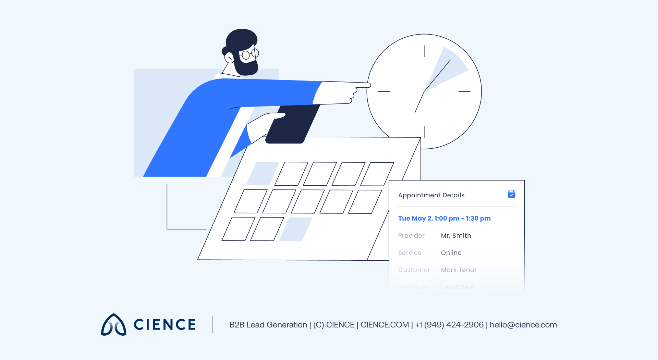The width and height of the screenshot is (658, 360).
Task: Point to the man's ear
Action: coord(229,58)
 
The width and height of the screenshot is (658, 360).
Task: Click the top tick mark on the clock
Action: coord(424,51)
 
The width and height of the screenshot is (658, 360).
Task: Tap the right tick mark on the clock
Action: coord(464,91)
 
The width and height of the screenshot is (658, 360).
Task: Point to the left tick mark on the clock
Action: coord(384,91)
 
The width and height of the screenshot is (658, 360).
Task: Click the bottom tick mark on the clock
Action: coord(424,132)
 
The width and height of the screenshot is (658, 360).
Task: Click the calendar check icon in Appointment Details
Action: coord(512,194)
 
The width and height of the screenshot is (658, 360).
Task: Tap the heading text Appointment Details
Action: coord(431,195)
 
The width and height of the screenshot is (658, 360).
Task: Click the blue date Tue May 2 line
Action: coord(444,219)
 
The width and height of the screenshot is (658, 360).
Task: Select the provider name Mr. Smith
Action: coord(456,236)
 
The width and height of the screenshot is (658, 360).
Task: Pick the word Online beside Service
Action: coord(451,253)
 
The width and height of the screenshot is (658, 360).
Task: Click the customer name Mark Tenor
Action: coord(459,270)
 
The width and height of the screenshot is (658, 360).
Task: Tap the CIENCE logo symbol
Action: coord(114,325)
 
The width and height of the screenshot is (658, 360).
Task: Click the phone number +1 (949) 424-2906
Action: coord(449,325)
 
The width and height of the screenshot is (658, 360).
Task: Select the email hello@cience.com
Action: coord(523,325)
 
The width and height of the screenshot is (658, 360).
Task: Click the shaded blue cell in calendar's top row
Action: coord(263,174)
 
